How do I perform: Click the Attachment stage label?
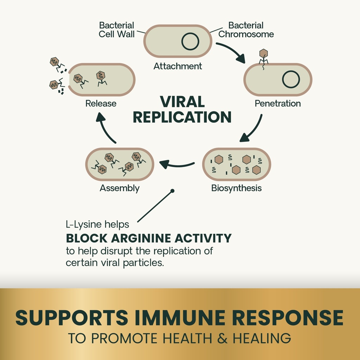pyautogui.click(x=178, y=66)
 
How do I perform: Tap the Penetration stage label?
pyautogui.click(x=277, y=103)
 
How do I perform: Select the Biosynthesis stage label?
pyautogui.click(x=236, y=188)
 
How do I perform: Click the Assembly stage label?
pyautogui.click(x=120, y=188)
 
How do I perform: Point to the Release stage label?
pyautogui.click(x=101, y=103)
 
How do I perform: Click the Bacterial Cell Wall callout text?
pyautogui.click(x=116, y=30)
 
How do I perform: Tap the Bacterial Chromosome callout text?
pyautogui.click(x=246, y=30)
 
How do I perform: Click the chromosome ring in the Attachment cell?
pyautogui.click(x=190, y=41)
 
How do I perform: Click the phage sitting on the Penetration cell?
pyautogui.click(x=263, y=56)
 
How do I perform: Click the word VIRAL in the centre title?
pyautogui.click(x=182, y=102)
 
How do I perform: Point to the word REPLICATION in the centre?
pyautogui.click(x=182, y=117)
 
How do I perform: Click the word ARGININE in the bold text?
pyautogui.click(x=143, y=238)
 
